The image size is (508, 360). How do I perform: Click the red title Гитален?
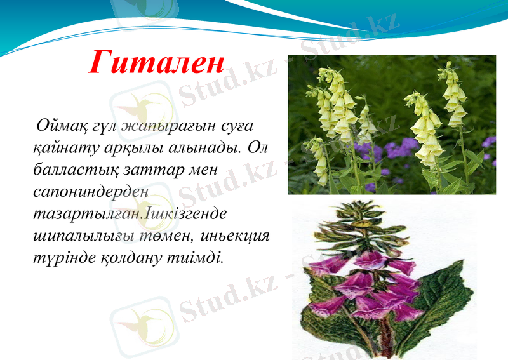156,62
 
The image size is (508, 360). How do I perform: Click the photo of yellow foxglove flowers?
391,124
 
